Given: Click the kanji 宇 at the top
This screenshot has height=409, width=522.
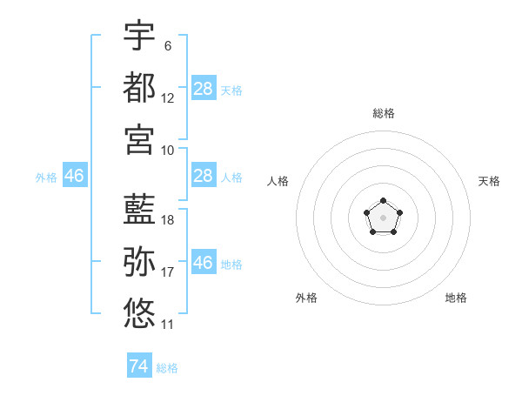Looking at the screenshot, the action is coord(139,35).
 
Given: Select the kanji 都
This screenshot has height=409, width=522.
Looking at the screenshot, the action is coord(139,87).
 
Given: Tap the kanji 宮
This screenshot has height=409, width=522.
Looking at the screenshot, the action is coord(139,139).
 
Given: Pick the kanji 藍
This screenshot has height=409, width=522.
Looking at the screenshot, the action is coord(139,209).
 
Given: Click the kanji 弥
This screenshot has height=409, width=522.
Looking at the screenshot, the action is coord(139,261).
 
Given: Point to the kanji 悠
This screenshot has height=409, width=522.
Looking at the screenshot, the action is coord(139,313).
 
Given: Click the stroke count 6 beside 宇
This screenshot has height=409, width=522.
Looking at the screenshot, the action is coord(168,46).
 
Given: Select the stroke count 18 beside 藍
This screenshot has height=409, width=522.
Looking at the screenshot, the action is coord(167,220).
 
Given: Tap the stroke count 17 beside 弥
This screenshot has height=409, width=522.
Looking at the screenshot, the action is coord(167,272).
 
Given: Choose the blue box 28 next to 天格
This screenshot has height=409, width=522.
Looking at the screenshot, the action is coord(204,88).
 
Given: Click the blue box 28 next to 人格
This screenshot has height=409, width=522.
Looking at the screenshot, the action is coord(204,175).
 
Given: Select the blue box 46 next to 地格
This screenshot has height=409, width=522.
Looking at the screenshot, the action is coord(204,261).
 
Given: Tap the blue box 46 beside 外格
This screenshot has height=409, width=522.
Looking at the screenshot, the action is coord(75,175).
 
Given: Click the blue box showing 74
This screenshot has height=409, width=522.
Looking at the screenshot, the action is coord(139,365).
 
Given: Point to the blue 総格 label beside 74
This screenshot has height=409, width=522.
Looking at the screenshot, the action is coord(167,368).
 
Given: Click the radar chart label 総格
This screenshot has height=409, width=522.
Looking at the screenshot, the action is coord(384,113).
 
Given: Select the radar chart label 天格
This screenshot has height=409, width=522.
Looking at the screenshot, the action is coord(489,181).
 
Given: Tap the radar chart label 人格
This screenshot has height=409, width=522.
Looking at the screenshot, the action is coord(278,181).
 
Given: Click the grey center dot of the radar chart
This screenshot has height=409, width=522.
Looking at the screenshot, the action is coord(383,218).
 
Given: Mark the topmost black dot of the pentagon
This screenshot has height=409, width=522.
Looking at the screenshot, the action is coord(383,200).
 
